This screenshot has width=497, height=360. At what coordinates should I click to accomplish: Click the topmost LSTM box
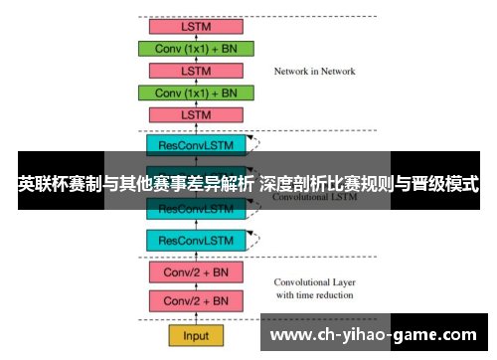coord(196,27)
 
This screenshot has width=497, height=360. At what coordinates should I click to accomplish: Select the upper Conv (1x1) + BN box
coord(196,49)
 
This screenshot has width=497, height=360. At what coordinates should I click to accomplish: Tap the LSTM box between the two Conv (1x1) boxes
coord(196,71)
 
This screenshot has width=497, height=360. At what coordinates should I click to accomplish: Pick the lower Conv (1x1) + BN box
coord(196,92)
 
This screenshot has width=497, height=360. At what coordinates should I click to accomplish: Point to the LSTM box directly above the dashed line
coord(196,114)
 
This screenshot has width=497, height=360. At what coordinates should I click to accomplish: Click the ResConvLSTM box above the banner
coord(196,144)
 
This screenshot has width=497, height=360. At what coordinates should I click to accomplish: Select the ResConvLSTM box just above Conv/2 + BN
coord(196,240)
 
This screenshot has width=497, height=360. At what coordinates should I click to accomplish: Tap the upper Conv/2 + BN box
coord(196,271)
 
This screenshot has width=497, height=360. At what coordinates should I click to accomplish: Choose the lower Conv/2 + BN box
coord(196,300)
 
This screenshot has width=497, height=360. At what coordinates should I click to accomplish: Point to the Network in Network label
coord(314,72)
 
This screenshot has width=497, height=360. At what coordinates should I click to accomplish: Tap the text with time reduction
coord(314,295)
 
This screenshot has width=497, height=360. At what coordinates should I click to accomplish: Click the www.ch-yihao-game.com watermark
coord(375,334)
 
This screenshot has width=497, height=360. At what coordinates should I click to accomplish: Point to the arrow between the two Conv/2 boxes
coord(196,286)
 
